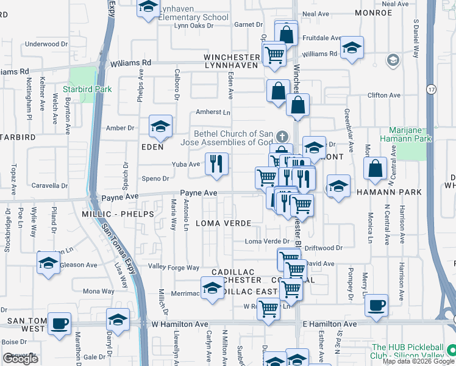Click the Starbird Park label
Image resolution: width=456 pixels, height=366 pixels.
[90, 89]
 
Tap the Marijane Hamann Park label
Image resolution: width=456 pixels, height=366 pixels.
[410, 135]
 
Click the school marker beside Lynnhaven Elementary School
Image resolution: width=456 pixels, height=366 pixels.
[148, 9]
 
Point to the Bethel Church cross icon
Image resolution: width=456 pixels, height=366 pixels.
[281, 135]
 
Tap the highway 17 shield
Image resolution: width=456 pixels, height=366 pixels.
[431, 89]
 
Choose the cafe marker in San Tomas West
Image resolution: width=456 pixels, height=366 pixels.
[60, 323]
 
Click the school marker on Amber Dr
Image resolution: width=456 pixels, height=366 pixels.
[160, 126]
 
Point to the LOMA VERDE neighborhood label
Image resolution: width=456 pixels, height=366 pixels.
[219, 223]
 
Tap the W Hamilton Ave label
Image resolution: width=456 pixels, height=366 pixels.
[180, 325]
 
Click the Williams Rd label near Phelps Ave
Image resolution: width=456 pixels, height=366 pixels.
[130, 63]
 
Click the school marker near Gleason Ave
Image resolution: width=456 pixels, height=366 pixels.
[48, 263]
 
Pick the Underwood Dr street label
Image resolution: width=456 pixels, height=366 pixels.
[46, 44]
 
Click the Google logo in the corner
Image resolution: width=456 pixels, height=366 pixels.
[20, 359]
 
